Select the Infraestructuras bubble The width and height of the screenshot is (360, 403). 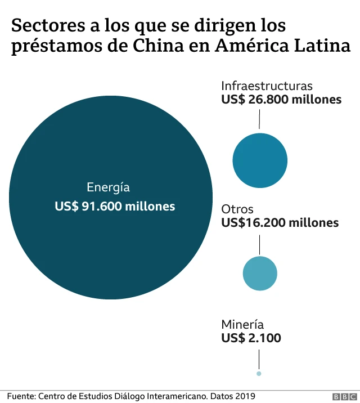pyautogui.click(x=260, y=160)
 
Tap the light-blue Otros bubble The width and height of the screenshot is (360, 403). pyautogui.click(x=260, y=273)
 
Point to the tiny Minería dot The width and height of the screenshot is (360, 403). pyautogui.click(x=259, y=373)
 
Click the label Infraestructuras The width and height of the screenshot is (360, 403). pyautogui.click(x=267, y=86)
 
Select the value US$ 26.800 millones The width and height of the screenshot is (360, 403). pyautogui.click(x=281, y=100)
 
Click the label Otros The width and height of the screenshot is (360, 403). pyautogui.click(x=237, y=209)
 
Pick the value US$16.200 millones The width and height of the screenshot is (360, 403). pyautogui.click(x=280, y=223)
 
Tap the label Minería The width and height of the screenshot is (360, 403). pyautogui.click(x=242, y=324)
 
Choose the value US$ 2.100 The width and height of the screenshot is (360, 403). pyautogui.click(x=251, y=338)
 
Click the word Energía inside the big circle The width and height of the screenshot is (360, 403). pyautogui.click(x=108, y=188)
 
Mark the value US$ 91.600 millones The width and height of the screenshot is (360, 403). pyautogui.click(x=115, y=207)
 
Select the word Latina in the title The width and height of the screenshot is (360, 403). pyautogui.click(x=323, y=46)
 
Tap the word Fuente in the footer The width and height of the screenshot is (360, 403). pyautogui.click(x=21, y=396)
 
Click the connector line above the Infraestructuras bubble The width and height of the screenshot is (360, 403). pyautogui.click(x=259, y=119)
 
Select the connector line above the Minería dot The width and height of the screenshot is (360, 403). pyautogui.click(x=259, y=359)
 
